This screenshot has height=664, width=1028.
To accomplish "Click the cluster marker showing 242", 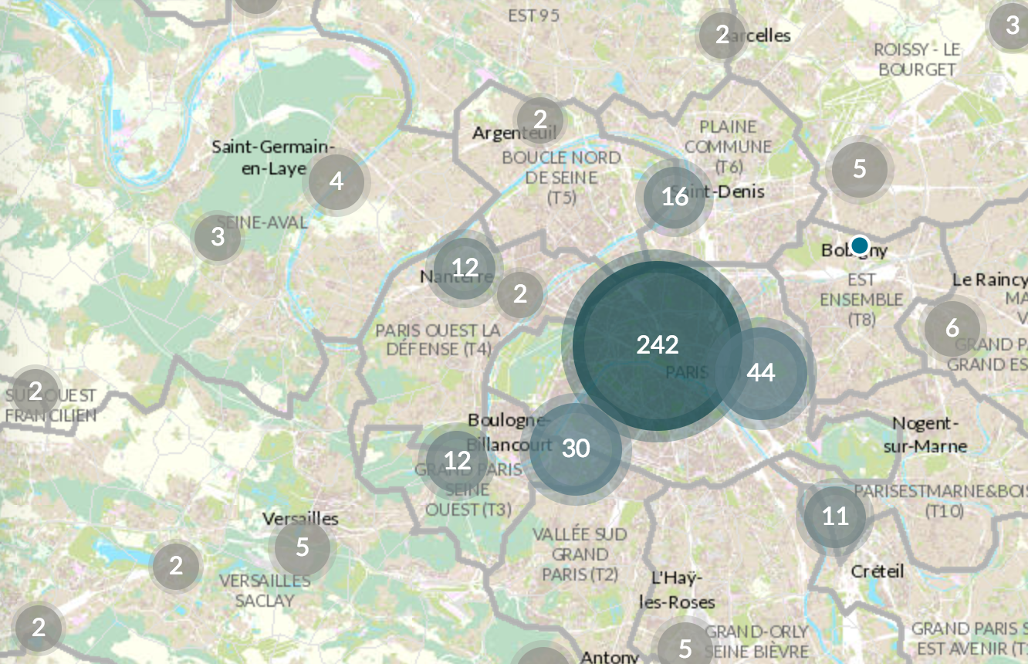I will (657, 345).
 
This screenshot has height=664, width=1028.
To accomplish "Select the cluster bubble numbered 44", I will (761, 373).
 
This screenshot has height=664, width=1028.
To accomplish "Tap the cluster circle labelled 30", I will (576, 449).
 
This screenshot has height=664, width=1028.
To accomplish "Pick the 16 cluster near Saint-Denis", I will (675, 197).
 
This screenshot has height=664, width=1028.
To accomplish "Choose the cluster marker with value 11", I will (835, 516).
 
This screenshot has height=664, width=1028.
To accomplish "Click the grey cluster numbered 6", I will (952, 328).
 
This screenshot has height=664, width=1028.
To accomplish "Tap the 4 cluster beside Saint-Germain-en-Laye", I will (336, 181).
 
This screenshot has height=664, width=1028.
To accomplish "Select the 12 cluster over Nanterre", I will (465, 267).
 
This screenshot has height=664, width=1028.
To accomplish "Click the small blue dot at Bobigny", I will (859, 246).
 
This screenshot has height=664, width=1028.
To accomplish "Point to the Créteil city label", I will (877, 571).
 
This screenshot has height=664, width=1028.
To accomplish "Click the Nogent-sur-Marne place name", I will (929, 435).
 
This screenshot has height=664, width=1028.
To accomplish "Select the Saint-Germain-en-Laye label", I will (273, 157).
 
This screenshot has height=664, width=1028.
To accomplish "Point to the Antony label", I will (609, 657).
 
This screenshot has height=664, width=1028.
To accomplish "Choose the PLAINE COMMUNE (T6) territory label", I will (727, 146).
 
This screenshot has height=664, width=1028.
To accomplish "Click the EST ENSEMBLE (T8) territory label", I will (861, 299).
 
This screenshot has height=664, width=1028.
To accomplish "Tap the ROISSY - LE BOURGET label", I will (917, 59).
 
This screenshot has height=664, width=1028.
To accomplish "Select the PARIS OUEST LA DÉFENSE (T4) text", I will (438, 340).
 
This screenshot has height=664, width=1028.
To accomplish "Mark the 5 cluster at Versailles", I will (302, 547).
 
